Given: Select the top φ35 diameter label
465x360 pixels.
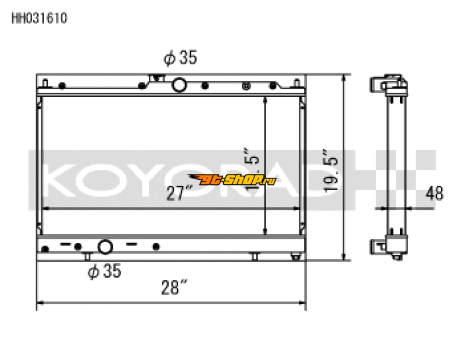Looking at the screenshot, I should pyautogui.click(x=180, y=58).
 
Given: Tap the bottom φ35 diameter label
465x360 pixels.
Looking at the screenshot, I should pyautogui.click(x=104, y=271).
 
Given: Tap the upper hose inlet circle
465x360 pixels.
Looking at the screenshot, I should pyautogui.click(x=180, y=85).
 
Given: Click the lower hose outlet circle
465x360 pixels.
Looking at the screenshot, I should pyautogui.click(x=105, y=247).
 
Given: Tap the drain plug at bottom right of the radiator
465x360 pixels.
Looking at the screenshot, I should pyautogui.click(x=296, y=257).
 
